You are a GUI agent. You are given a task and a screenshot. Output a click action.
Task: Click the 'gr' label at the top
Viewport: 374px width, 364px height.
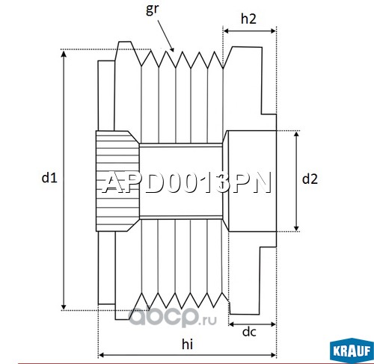click(x=152, y=10)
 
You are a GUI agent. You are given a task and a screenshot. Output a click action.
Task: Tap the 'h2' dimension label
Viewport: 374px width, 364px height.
click(x=248, y=19)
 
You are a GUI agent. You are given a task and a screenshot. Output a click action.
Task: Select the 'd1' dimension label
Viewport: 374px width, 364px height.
click(x=49, y=178)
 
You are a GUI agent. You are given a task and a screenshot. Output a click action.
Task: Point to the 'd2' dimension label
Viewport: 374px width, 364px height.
click(x=310, y=179)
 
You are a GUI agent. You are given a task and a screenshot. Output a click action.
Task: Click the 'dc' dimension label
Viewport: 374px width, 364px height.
click(x=249, y=332)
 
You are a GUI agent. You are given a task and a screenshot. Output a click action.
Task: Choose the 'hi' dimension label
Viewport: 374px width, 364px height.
click(x=187, y=345)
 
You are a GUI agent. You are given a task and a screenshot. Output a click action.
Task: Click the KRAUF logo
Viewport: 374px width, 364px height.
click(x=352, y=351)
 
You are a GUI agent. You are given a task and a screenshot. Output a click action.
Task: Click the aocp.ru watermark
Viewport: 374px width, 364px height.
click(x=172, y=317)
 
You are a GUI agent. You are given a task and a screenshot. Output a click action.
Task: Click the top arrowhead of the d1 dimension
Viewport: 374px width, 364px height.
click(x=64, y=53)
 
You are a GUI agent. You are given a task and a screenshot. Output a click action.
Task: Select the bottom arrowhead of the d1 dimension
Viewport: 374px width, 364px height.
click(x=64, y=306)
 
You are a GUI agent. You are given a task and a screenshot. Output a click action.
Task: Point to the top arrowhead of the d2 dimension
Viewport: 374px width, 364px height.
click(x=296, y=135)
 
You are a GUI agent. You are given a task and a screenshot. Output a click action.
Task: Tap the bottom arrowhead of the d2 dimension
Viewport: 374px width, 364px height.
click(x=296, y=228)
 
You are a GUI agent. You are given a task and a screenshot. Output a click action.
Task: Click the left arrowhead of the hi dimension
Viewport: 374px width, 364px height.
click(x=102, y=355)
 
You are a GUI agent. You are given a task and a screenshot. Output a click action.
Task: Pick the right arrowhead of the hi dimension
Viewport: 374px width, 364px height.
click(x=273, y=355)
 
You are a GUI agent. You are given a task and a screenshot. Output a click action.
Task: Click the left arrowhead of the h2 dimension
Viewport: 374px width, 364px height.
click(x=227, y=31)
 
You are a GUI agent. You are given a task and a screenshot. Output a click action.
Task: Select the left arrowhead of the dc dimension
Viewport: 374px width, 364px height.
click(x=232, y=324)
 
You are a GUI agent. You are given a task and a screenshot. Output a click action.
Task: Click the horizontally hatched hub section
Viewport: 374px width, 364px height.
click(x=117, y=181)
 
